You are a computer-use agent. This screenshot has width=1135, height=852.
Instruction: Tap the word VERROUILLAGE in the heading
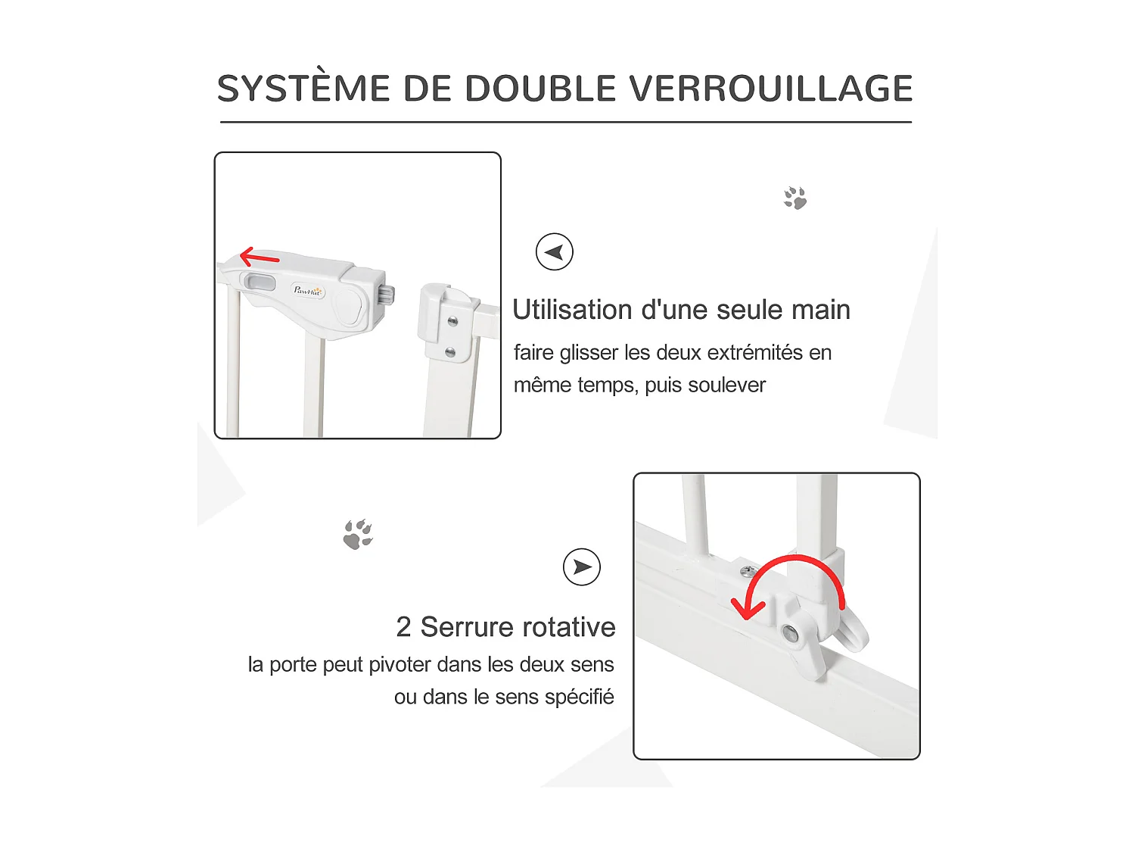click(x=771, y=89)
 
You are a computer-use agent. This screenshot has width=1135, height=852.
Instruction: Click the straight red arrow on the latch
click(x=260, y=258)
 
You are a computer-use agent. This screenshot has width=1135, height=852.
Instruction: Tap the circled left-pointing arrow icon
click(x=555, y=252)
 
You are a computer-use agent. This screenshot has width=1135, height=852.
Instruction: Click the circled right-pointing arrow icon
click(x=582, y=567)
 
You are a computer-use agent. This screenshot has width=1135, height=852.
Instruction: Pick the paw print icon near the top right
click(x=795, y=198)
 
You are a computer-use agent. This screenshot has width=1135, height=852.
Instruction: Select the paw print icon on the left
click(x=358, y=535)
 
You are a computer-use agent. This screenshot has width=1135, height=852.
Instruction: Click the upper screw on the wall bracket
click(x=452, y=320)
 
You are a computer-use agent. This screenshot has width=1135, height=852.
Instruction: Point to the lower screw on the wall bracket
click(x=450, y=352)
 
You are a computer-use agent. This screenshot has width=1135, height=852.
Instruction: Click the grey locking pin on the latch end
click(x=389, y=295)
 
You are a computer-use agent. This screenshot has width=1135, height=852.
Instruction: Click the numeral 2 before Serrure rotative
click(x=403, y=627)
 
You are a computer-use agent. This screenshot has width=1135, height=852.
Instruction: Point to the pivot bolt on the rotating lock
click(x=791, y=633)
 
